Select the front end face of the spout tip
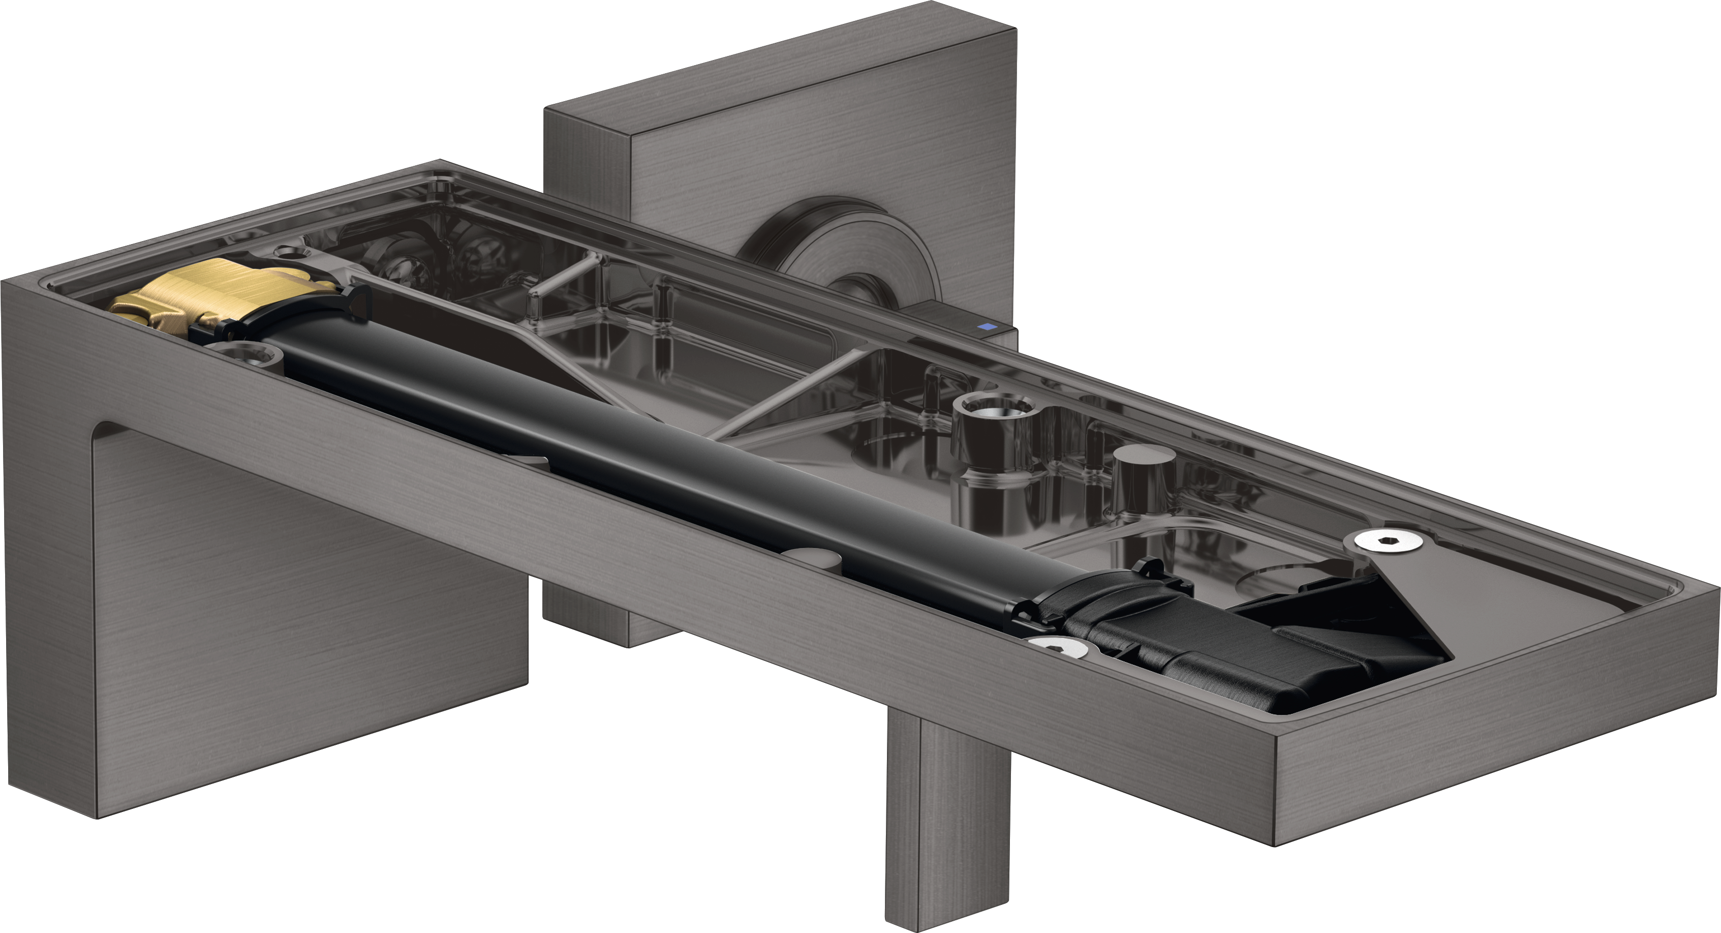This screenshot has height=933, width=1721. (x=1496, y=778)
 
